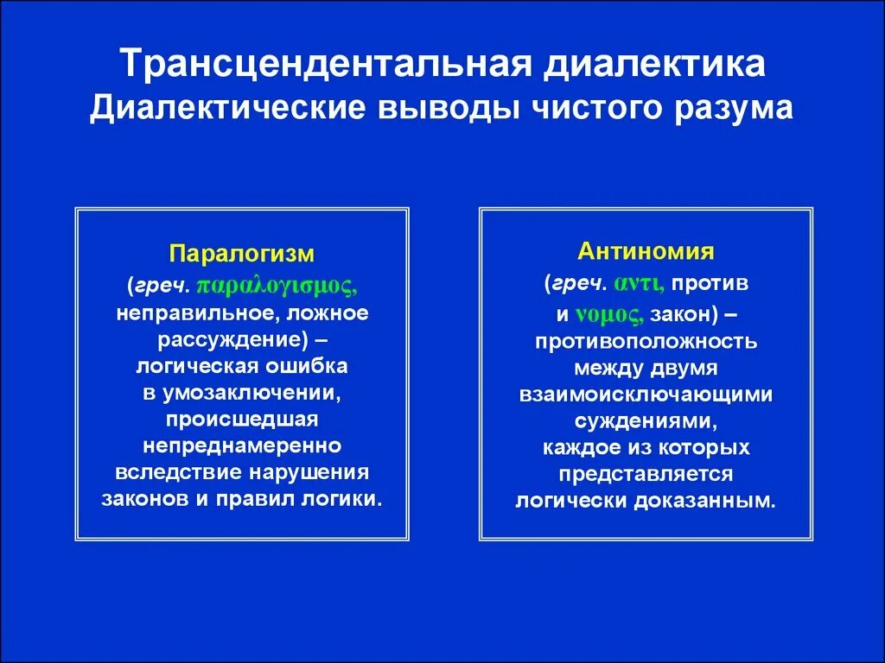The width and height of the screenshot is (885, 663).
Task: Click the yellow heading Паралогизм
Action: pos(242,255)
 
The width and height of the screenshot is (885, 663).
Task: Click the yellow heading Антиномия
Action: pos(646,251)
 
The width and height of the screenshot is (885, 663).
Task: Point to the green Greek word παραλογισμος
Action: pos(277,285)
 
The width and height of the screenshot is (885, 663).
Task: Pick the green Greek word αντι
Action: pos(639,282)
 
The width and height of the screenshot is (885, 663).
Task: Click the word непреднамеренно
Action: pos(242,445)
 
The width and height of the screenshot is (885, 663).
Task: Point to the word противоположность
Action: pos(646,341)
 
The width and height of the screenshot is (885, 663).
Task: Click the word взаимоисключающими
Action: pos(646,394)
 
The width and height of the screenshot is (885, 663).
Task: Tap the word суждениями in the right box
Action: pos(644,420)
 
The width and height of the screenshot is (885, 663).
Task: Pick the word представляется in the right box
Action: pos(646,474)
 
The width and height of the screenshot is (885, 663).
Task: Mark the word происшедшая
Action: pos(242,420)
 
